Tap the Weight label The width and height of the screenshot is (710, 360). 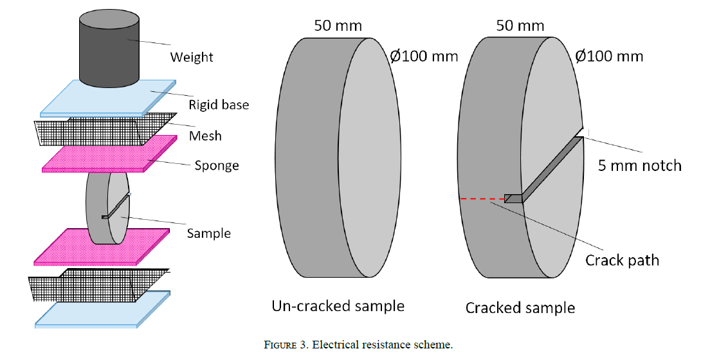tap(192, 57)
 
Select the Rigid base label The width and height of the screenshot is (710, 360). tap(219, 105)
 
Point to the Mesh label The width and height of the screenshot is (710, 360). tap(206, 136)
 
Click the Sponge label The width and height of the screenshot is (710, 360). tap(217, 166)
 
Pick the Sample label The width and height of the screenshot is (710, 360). tap(209, 233)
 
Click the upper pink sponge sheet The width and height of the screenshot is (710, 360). tap(109, 154)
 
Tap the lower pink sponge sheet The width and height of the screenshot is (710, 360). tap(102, 247)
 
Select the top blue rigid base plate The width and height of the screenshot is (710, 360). tap(108, 98)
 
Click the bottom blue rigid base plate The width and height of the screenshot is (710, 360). tap(103, 309)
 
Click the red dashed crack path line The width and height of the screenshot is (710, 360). tap(482, 199)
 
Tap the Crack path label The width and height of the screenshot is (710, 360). tap(622, 260)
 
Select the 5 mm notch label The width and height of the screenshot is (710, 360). tap(639, 166)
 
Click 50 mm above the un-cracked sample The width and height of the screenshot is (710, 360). tap(338, 26)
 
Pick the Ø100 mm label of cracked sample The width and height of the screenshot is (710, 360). tap(609, 57)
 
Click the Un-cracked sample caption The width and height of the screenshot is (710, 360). tap(338, 306)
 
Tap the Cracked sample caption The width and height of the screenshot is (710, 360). tap(520, 308)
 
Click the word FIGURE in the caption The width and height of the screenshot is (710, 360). tap(280, 345)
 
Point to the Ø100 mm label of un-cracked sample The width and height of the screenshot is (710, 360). tap(424, 57)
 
